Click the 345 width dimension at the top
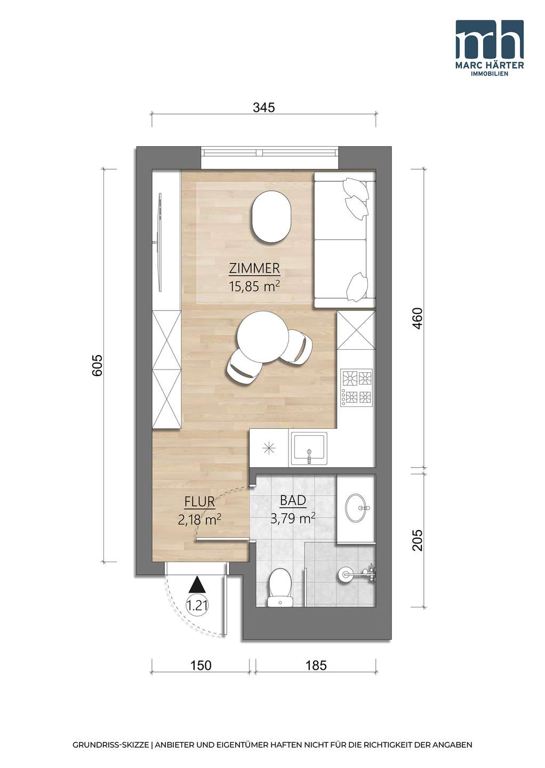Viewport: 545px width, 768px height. pos(264,108)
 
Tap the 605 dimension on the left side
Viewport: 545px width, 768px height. pos(98,365)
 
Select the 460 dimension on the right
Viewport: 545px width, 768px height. pos(418,319)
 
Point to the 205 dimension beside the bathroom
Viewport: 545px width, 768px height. pos(418,540)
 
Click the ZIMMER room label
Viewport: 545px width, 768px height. pos(255,269)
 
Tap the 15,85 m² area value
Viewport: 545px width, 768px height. pos(253,286)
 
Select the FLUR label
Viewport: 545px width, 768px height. pos(199,502)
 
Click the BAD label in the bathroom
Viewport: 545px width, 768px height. pos(293,501)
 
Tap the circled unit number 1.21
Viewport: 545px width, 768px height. pos(197,605)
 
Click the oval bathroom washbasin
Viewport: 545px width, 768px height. pos(357,507)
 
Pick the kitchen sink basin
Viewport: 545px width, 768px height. pos(309,449)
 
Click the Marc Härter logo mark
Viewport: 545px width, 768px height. pos(490,39)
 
